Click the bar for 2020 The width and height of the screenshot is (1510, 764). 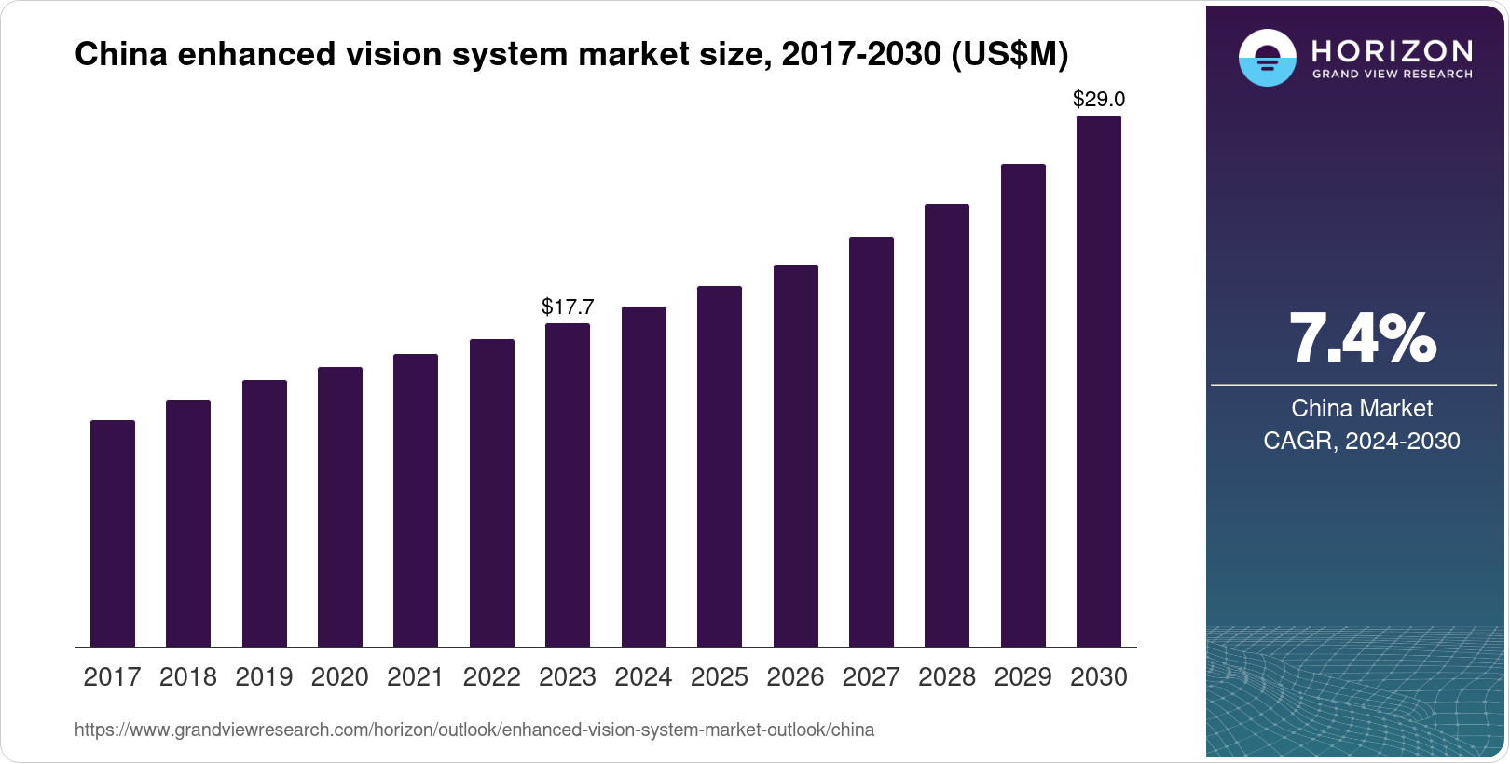tap(340, 507)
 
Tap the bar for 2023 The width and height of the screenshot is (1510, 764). tap(568, 484)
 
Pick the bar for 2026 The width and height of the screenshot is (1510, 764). tap(796, 456)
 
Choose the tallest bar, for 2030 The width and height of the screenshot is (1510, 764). tap(1099, 381)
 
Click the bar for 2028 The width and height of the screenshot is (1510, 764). tap(947, 425)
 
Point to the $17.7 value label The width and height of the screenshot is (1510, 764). tap(568, 307)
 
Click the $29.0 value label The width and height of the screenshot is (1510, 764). tap(1099, 99)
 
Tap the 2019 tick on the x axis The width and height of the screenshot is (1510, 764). tap(264, 677)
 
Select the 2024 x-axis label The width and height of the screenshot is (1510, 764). tap(643, 677)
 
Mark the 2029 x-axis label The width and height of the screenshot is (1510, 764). tap(1023, 677)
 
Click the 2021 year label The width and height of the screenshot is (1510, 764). tap(416, 677)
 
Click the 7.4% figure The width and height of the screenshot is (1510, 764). tap(1362, 338)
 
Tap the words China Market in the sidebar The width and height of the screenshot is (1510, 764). tap(1362, 408)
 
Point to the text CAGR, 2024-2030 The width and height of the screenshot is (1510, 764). tap(1362, 441)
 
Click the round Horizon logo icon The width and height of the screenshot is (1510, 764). tap(1267, 58)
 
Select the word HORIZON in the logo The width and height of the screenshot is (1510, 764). tap(1393, 50)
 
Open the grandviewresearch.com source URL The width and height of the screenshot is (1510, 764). tap(474, 730)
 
